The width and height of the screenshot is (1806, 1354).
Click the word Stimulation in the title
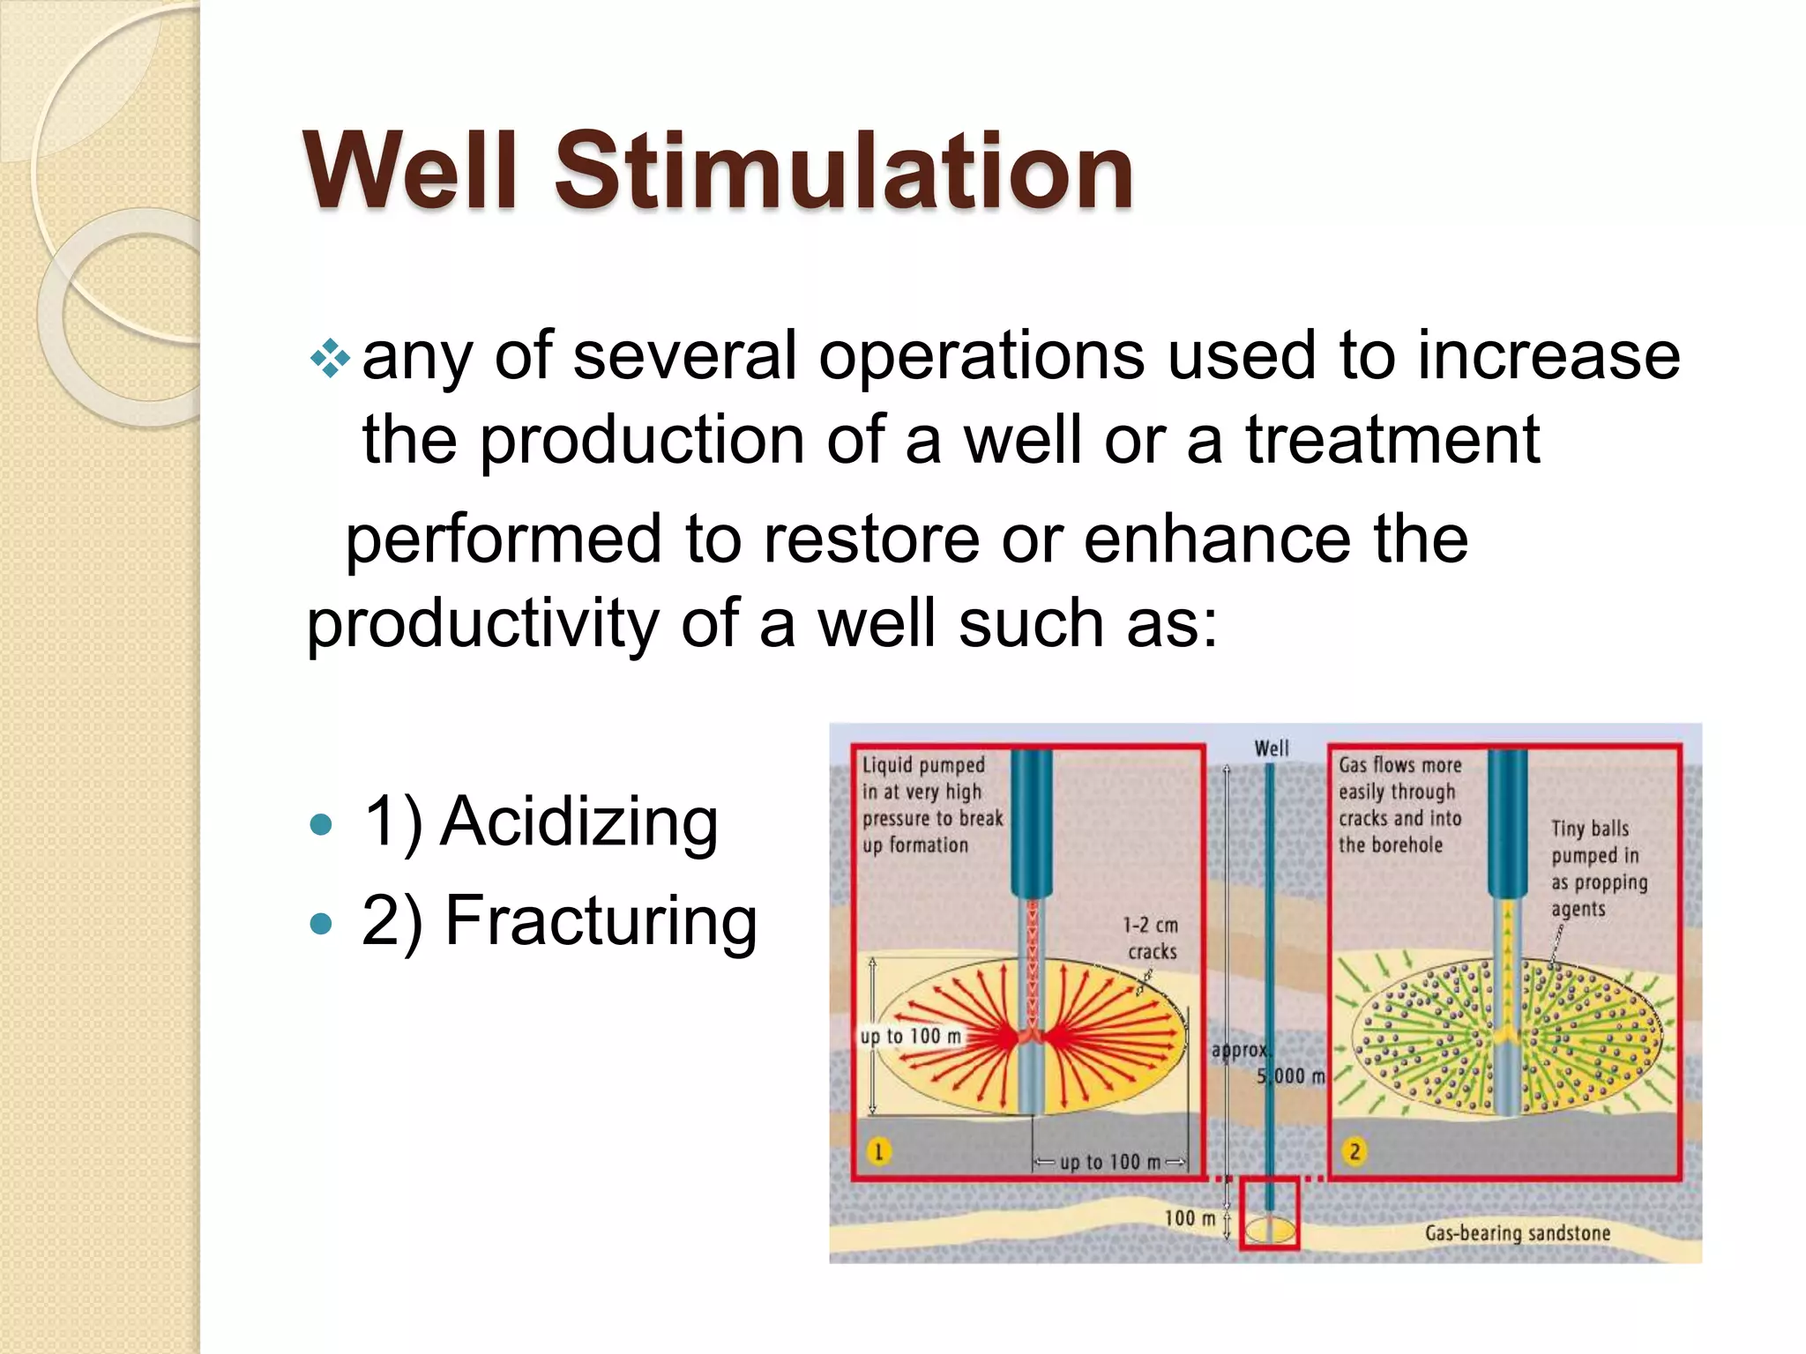(843, 169)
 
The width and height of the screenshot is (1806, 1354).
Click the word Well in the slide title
(410, 169)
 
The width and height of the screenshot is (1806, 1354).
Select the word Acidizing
(579, 822)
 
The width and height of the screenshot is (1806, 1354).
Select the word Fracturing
(601, 921)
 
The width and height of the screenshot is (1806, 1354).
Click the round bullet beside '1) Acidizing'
(322, 825)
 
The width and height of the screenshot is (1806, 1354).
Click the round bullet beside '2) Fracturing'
(322, 924)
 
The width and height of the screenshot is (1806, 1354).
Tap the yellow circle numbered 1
(878, 1151)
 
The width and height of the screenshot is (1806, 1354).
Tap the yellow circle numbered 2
(1354, 1151)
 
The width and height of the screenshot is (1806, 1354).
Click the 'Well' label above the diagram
(1271, 748)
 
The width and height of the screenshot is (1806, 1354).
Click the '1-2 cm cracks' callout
(1151, 938)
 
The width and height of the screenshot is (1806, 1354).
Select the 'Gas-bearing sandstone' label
(1517, 1233)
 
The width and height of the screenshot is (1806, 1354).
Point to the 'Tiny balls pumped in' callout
(1599, 868)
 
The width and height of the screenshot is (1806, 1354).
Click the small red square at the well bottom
(1269, 1213)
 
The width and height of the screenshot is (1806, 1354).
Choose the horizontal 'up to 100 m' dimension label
(1109, 1162)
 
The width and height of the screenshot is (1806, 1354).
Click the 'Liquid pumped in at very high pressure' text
(931, 804)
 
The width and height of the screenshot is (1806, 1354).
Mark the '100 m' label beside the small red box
(1190, 1218)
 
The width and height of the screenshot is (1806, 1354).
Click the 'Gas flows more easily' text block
(1399, 804)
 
